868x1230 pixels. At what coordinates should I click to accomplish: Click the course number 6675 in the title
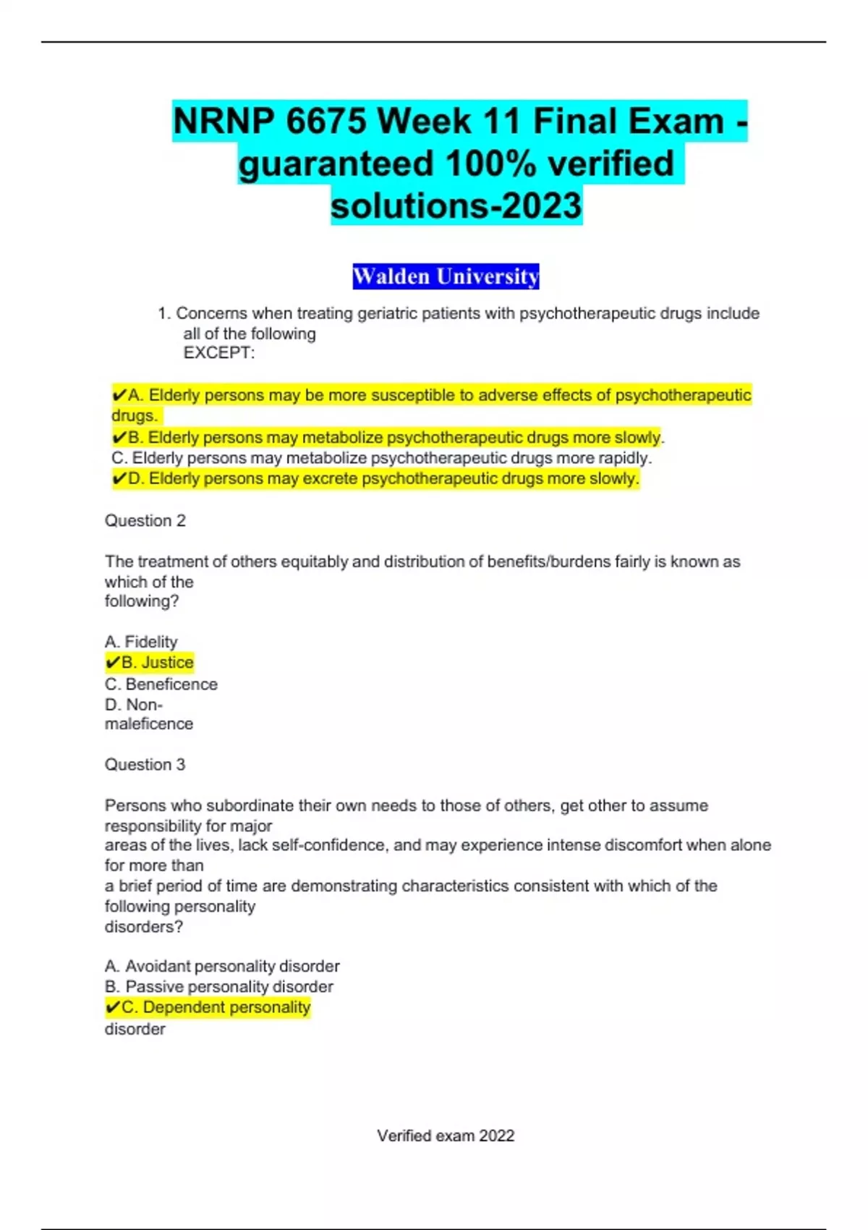tap(326, 121)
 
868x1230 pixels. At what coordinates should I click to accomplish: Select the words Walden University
tap(446, 276)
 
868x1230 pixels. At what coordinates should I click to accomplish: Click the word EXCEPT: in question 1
tap(218, 353)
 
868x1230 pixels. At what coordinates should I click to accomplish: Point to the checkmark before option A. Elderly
tap(119, 395)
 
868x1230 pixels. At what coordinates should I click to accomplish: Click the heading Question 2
tap(145, 521)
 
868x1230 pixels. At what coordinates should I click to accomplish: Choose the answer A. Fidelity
tap(141, 642)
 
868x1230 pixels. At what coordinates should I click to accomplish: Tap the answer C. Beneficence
tap(161, 684)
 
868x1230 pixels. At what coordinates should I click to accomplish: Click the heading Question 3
tap(145, 765)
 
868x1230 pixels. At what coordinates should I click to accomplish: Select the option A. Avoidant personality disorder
tap(222, 967)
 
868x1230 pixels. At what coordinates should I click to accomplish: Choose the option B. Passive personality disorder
tap(218, 987)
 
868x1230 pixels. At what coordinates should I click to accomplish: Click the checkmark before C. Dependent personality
tap(112, 1007)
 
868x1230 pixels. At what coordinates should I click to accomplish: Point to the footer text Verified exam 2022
tap(446, 1136)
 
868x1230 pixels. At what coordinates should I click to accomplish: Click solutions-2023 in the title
tap(456, 205)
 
